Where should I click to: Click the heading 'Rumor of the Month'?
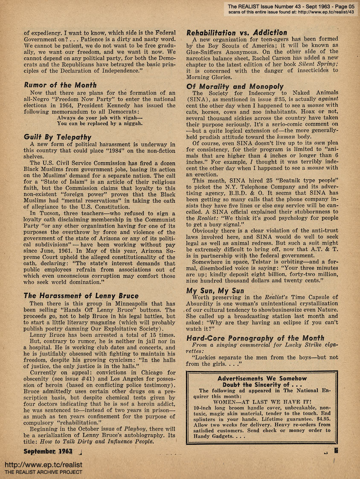[x=60, y=85]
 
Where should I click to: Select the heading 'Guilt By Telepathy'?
[x=58, y=137]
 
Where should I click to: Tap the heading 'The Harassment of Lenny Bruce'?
[x=81, y=295]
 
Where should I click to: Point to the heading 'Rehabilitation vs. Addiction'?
[x=237, y=32]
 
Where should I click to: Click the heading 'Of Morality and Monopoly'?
[x=235, y=86]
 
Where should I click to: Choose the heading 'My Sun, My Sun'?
[x=215, y=290]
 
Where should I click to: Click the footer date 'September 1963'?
[x=48, y=451]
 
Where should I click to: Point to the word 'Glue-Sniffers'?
[x=206, y=52]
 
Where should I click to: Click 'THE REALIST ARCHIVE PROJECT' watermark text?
[x=43, y=472]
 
